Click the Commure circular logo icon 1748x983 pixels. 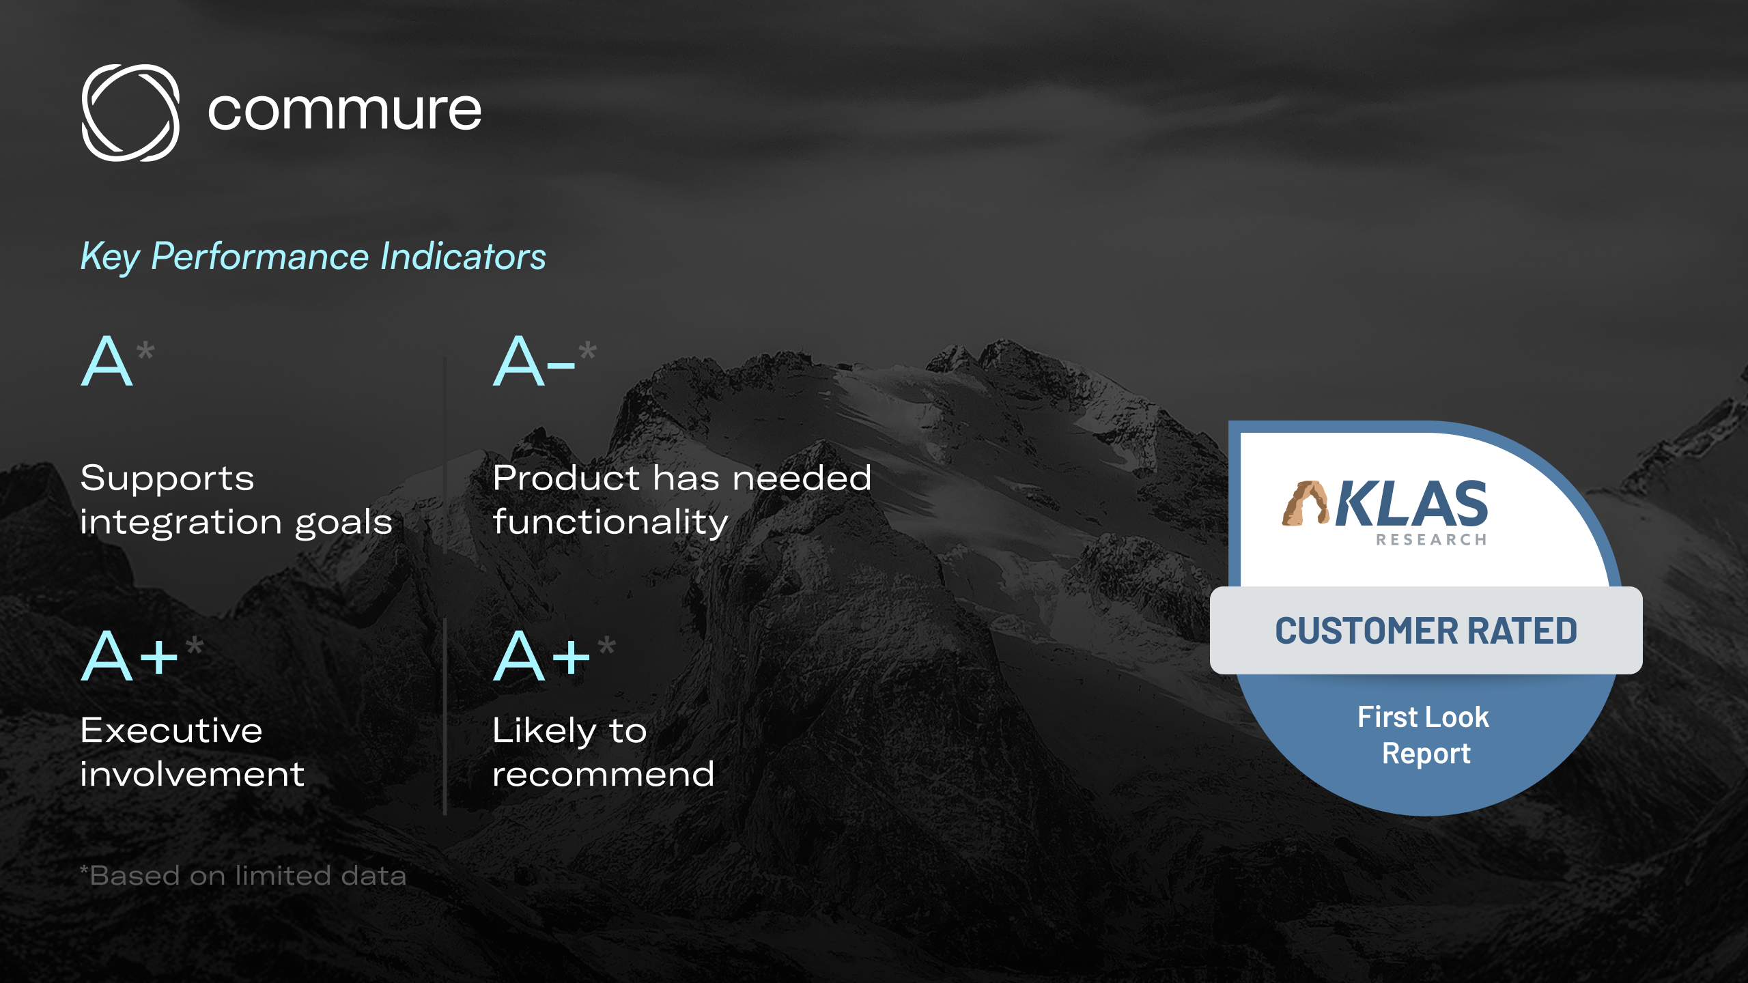[130, 113]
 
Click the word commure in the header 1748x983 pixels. [344, 111]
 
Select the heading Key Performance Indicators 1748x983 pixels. [313, 257]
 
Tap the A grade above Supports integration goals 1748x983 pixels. [107, 362]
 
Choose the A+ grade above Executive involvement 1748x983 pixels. [130, 656]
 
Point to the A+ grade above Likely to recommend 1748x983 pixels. [542, 656]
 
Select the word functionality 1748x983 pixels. [610, 523]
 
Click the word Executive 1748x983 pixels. [171, 731]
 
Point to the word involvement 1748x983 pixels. [192, 775]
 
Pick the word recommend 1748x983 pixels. [603, 775]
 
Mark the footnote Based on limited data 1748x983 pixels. [243, 876]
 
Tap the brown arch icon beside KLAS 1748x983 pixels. [1305, 504]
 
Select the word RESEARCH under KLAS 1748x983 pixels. [1431, 540]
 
